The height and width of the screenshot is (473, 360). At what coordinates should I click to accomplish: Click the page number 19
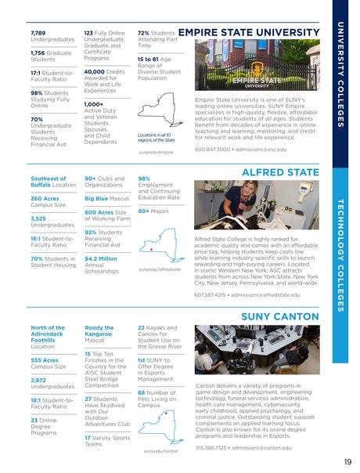[x=346, y=461]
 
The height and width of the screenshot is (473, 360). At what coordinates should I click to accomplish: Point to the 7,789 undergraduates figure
[x=38, y=34]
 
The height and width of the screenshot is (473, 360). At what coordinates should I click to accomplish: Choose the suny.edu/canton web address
[x=162, y=451]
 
